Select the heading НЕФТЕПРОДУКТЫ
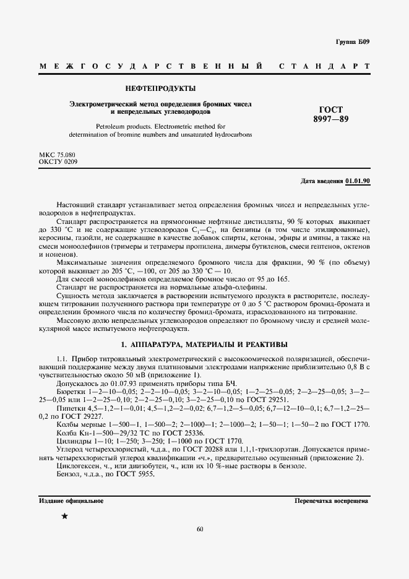coord(161,88)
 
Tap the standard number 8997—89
coord(330,119)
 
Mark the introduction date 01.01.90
coord(357,181)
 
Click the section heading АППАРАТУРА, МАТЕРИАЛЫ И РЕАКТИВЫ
coord(204,345)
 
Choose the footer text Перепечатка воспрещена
coord(332,500)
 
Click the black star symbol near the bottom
coord(64,515)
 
